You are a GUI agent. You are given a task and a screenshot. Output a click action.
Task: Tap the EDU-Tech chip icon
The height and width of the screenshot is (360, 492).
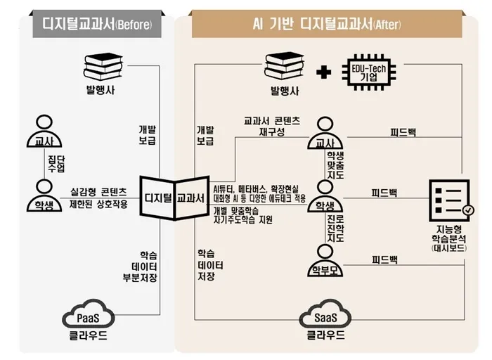(369, 72)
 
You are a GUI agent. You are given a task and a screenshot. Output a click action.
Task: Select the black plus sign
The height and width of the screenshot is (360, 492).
(323, 72)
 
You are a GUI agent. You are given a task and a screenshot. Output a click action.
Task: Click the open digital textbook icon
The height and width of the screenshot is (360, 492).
(174, 198)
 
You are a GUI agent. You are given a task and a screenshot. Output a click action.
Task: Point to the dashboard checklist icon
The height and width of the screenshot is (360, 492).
(451, 201)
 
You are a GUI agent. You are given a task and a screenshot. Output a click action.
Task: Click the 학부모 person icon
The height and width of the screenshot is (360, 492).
(325, 261)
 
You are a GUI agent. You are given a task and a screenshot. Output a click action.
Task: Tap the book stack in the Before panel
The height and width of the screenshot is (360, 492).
(103, 67)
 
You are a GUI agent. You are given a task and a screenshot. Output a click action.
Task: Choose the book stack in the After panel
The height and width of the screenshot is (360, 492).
(284, 66)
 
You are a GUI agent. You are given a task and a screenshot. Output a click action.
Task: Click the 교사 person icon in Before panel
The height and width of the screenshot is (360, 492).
(44, 131)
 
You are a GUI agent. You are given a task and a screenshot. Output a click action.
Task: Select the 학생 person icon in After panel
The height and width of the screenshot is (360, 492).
(325, 196)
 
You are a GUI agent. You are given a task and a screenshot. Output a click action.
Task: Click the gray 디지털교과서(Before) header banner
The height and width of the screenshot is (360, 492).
(97, 24)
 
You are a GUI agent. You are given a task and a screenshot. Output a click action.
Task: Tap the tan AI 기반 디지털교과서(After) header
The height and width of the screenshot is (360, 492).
(327, 24)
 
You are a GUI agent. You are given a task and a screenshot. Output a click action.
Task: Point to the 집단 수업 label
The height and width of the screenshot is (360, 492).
(56, 164)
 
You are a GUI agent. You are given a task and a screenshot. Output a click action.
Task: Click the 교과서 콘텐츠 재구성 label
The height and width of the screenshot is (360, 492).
(272, 126)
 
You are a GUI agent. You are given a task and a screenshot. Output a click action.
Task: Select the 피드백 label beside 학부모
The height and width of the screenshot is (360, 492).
(384, 259)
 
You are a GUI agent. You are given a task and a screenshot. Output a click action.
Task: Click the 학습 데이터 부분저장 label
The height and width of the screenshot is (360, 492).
(140, 266)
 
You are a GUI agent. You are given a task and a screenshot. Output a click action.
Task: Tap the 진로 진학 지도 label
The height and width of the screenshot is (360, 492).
(335, 229)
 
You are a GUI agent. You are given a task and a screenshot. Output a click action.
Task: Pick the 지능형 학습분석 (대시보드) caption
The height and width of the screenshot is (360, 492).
(449, 238)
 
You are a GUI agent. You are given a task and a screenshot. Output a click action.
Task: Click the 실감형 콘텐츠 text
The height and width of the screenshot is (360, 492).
(98, 191)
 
